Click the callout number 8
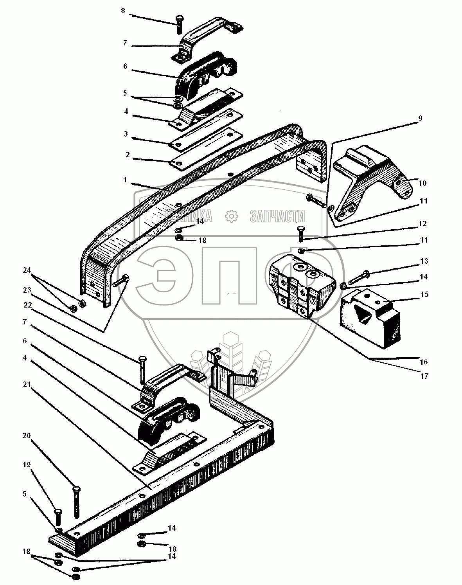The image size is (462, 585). [x=123, y=11]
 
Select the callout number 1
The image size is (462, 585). [x=125, y=180]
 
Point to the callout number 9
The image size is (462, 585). [x=420, y=118]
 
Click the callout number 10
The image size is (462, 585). [x=422, y=183]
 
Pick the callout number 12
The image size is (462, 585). [x=422, y=223]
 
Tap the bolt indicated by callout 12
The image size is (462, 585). [x=301, y=234]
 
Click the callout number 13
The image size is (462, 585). [x=424, y=261]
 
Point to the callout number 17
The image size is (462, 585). [x=424, y=376]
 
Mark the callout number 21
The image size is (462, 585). [x=27, y=384]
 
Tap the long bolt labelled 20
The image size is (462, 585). [x=76, y=502]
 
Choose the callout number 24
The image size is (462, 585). [x=27, y=270]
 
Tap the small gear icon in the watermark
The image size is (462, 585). [x=232, y=216]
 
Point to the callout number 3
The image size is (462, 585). [x=126, y=134]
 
